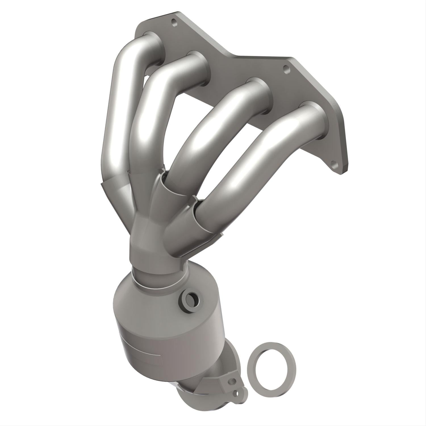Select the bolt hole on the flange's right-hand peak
286,68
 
